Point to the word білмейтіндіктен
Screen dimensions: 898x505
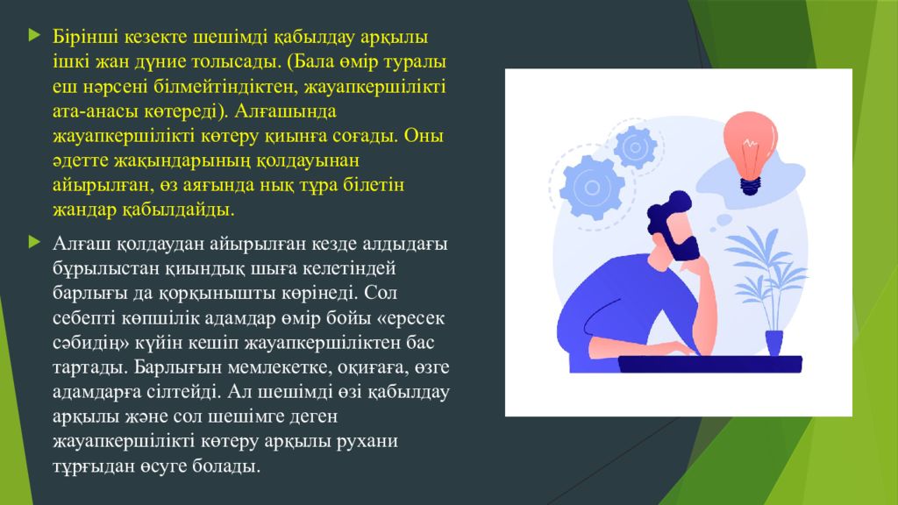coord(226,86)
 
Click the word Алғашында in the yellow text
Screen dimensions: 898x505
coord(285,110)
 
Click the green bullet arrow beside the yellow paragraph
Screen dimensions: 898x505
coord(35,35)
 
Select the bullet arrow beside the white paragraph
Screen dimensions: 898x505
coord(35,242)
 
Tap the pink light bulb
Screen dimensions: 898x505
coord(751,152)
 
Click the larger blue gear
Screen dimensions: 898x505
coord(592,188)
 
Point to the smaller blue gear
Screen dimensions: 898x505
coord(635,147)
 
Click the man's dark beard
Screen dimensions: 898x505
coord(683,247)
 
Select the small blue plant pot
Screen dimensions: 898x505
coord(774,343)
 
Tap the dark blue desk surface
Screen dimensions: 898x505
coord(710,364)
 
